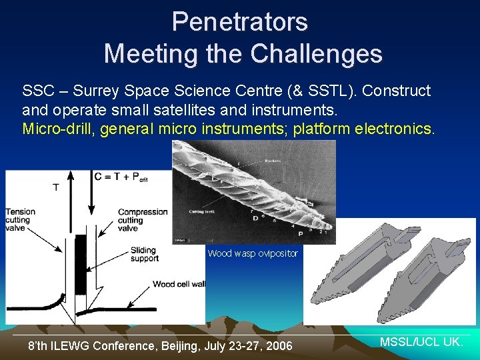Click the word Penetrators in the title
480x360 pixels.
click(239, 22)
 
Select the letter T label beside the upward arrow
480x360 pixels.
click(55, 187)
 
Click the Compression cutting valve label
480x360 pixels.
click(142, 221)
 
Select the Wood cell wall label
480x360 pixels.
click(178, 284)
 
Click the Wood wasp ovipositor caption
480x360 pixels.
click(253, 253)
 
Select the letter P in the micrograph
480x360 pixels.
click(299, 234)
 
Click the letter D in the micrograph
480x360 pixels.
click(254, 218)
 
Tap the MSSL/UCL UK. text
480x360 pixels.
click(421, 342)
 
